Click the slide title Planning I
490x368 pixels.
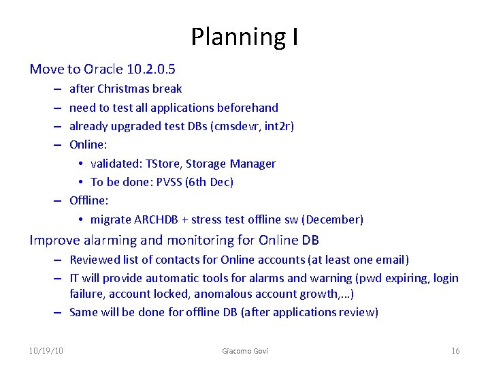pyautogui.click(x=244, y=37)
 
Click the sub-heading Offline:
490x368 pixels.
pyautogui.click(x=89, y=200)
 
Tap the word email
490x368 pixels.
pyautogui.click(x=391, y=260)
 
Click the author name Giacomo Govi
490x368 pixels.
pyautogui.click(x=245, y=350)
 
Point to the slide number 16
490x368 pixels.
pyautogui.click(x=455, y=350)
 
